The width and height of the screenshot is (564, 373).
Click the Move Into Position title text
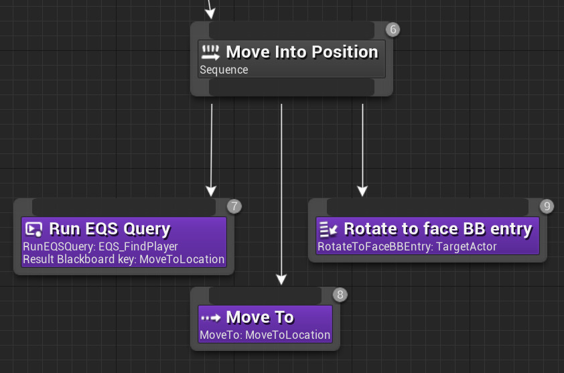tap(301, 52)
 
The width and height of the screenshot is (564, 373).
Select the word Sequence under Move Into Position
tap(224, 70)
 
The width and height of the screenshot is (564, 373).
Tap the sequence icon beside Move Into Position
tap(211, 52)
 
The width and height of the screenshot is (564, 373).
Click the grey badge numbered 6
tap(393, 29)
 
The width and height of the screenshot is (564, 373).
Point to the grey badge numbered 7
tap(234, 206)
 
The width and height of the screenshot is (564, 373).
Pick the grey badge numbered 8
tap(340, 295)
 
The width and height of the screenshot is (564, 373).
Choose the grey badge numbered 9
tap(547, 206)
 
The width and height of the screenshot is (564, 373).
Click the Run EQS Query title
tap(109, 229)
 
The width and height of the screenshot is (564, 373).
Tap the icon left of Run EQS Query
tap(33, 229)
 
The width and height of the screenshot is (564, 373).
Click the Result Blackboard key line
tap(123, 259)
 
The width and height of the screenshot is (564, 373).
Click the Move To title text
tap(260, 317)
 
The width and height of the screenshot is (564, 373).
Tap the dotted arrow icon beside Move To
tap(211, 317)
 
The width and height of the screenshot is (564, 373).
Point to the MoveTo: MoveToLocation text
tap(265, 335)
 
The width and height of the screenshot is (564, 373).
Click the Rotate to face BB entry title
tap(437, 229)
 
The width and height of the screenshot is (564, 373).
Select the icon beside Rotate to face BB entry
tap(328, 229)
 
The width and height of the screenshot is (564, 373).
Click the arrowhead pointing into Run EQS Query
tap(211, 191)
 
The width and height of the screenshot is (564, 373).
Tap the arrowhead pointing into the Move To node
tap(281, 279)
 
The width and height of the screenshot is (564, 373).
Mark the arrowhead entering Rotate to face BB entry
tap(362, 191)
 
